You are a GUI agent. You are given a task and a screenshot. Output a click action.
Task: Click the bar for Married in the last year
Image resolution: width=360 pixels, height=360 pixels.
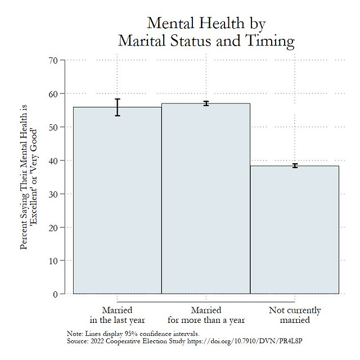(x=117, y=202)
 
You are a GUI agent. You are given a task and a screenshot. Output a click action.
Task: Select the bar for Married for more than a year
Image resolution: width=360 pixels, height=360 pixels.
(x=206, y=200)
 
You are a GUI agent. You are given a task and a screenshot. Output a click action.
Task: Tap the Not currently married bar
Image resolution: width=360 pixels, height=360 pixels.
(x=294, y=231)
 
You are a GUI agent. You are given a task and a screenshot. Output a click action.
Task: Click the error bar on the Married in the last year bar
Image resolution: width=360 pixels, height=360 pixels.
(x=118, y=107)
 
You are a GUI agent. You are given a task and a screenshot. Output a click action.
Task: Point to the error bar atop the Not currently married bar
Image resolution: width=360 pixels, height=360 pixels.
(x=294, y=165)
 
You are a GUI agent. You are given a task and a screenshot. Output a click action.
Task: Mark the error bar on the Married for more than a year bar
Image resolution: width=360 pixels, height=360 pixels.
(x=206, y=103)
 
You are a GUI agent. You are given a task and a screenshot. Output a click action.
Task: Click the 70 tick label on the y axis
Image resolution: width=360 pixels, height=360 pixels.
(x=53, y=60)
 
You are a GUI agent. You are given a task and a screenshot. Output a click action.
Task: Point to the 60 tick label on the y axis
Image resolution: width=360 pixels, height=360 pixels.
(x=53, y=93)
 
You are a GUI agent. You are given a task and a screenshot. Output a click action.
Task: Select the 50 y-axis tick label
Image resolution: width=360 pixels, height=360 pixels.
(x=53, y=127)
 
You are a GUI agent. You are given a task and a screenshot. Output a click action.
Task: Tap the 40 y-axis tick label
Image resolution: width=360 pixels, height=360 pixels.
(x=53, y=160)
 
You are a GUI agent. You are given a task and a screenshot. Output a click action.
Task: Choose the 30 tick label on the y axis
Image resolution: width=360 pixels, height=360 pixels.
(x=53, y=194)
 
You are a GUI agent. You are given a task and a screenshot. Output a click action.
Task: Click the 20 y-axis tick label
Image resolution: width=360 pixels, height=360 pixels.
(x=53, y=227)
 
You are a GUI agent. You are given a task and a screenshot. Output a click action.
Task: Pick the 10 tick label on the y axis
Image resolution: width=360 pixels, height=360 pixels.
(x=53, y=261)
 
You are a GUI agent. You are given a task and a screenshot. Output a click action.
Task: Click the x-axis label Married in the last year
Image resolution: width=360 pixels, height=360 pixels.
(x=117, y=315)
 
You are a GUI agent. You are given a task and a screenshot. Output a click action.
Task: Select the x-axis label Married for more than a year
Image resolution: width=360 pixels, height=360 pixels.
(x=206, y=315)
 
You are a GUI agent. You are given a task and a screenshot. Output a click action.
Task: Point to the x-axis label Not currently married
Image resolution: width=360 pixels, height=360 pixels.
(x=295, y=315)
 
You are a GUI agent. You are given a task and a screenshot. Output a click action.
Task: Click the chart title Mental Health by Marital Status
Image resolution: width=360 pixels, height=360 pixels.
(x=206, y=32)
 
